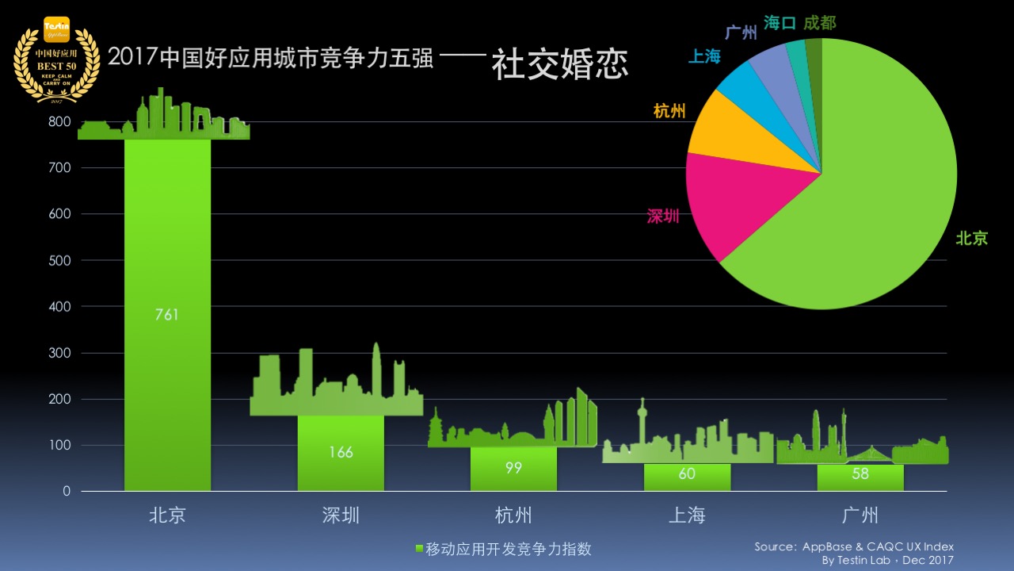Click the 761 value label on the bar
tap(167, 315)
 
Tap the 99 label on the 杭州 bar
tap(513, 468)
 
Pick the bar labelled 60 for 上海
tap(687, 477)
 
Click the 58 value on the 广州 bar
tap(860, 475)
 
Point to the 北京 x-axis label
tap(167, 515)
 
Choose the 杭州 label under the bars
tap(513, 515)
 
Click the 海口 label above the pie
tap(780, 24)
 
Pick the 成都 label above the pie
tap(819, 24)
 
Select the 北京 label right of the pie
tap(972, 238)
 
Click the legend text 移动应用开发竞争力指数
tap(509, 550)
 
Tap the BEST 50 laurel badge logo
tap(55, 59)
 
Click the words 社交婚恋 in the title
tap(559, 65)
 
